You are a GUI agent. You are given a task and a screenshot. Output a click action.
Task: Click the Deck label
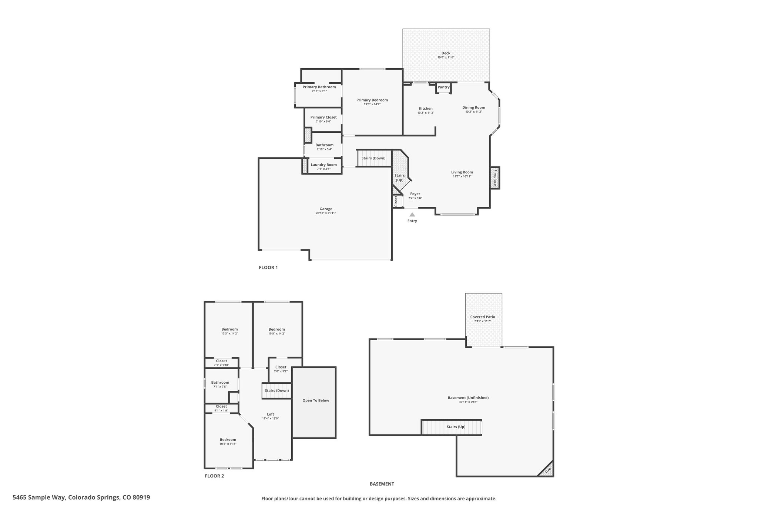446,53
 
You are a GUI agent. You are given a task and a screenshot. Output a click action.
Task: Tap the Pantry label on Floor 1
443,87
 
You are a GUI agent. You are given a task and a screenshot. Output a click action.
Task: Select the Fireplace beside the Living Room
495,178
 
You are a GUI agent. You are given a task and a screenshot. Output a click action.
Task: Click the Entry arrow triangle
412,215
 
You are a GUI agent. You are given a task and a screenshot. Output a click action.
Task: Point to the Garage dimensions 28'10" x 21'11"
326,213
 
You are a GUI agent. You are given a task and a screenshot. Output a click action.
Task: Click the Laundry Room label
323,165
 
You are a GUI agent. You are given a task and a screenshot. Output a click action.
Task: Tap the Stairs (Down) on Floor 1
373,158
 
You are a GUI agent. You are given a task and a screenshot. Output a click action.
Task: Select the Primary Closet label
323,117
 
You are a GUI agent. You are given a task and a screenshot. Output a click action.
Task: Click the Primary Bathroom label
319,87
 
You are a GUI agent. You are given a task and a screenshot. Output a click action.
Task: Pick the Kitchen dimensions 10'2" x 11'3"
426,113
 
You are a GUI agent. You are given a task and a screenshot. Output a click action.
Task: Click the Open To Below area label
315,400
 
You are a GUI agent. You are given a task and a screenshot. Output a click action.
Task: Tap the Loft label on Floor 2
271,414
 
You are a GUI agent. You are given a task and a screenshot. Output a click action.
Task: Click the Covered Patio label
483,317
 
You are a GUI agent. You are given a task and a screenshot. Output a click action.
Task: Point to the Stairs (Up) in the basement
456,427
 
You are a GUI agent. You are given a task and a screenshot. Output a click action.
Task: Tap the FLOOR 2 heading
214,476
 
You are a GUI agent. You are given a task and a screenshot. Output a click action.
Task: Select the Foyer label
415,194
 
